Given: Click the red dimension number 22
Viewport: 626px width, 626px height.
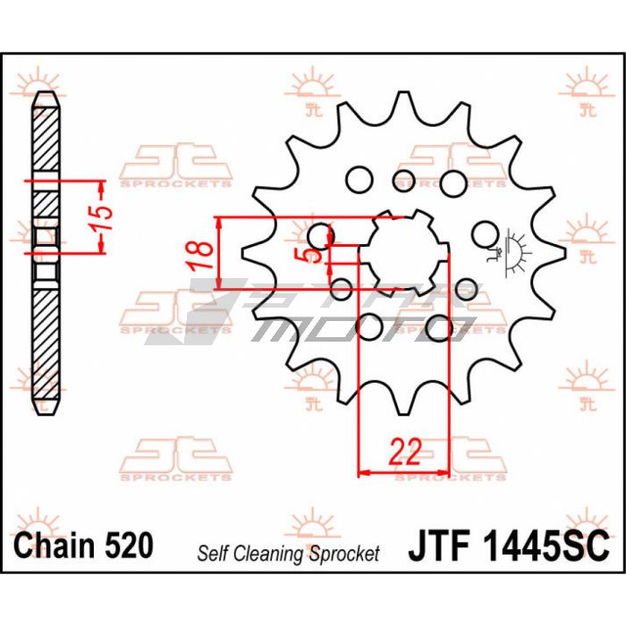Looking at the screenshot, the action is (405, 452).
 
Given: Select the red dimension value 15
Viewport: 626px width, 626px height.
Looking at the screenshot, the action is (100, 217).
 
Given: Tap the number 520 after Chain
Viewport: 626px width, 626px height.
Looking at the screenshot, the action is (129, 545).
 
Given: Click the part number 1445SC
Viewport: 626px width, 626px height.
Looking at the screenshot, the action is (546, 546).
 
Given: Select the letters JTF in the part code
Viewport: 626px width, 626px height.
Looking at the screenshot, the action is (438, 546).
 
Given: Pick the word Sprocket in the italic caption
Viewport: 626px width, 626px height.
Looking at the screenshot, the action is (344, 554).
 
